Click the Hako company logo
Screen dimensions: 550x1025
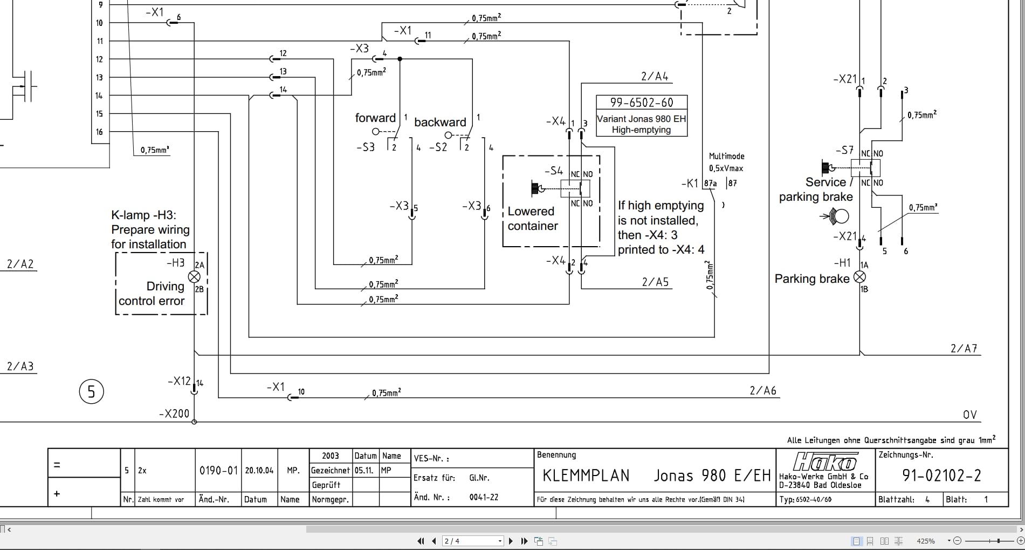[825, 463]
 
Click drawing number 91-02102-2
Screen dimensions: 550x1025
[941, 476]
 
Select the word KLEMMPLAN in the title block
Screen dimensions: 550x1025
[586, 476]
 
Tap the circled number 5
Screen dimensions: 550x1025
[91, 392]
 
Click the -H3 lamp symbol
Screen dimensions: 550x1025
[194, 277]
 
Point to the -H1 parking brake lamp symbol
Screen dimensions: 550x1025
[860, 277]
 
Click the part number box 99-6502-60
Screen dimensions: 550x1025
[642, 103]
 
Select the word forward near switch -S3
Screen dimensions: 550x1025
[375, 118]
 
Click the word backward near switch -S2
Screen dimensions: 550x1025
[440, 123]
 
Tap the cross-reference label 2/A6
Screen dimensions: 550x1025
[763, 391]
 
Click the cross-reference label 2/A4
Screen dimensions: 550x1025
[655, 77]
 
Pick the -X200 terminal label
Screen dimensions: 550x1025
[174, 414]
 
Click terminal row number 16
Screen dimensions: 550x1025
[99, 132]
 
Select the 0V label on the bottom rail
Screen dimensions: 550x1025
[969, 415]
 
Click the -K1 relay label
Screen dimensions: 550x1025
[690, 184]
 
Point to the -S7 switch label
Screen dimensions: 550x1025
[844, 150]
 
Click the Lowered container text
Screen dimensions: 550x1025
[532, 219]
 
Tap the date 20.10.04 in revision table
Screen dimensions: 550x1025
[259, 471]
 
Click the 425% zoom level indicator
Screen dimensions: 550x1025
[925, 541]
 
